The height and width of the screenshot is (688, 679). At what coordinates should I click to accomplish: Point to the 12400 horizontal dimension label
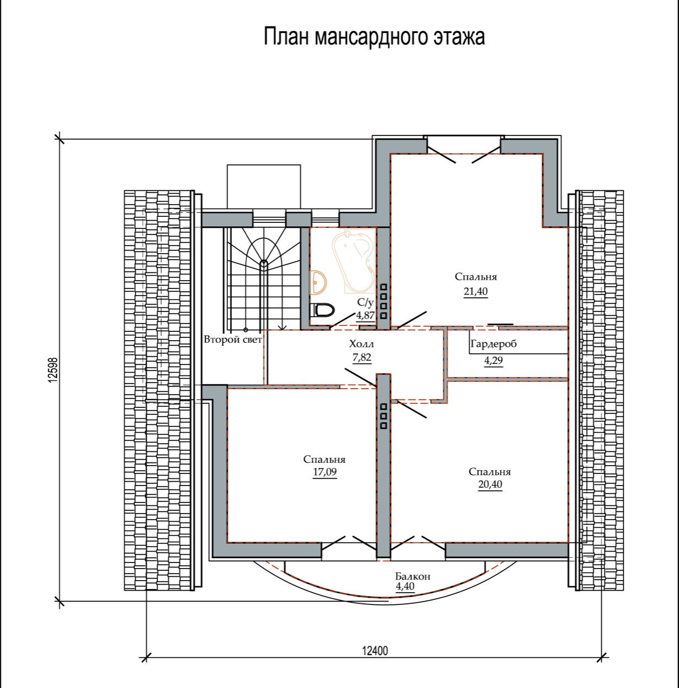pyautogui.click(x=375, y=651)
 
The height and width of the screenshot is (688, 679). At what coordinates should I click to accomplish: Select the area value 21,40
pyautogui.click(x=476, y=292)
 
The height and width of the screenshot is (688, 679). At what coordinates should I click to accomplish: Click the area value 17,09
pyautogui.click(x=324, y=472)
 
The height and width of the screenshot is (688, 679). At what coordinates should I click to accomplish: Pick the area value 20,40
pyautogui.click(x=490, y=484)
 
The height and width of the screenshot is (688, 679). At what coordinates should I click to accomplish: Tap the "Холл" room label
pyautogui.click(x=361, y=344)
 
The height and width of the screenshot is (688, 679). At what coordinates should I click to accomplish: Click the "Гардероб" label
pyautogui.click(x=493, y=344)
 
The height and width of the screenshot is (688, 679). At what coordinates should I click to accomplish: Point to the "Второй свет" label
pyautogui.click(x=233, y=339)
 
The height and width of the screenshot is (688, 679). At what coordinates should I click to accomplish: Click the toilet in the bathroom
pyautogui.click(x=324, y=309)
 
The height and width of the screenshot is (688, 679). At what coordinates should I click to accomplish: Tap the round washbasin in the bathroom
pyautogui.click(x=318, y=282)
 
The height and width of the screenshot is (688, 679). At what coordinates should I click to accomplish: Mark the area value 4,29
pyautogui.click(x=493, y=361)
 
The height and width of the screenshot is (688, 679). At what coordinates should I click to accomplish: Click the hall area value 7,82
pyautogui.click(x=362, y=357)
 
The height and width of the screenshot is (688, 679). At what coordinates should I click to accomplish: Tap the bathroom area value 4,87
pyautogui.click(x=365, y=315)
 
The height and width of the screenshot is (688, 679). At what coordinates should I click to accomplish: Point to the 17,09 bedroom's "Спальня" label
pyautogui.click(x=324, y=460)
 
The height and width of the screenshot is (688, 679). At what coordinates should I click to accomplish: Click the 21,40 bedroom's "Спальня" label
pyautogui.click(x=476, y=277)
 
